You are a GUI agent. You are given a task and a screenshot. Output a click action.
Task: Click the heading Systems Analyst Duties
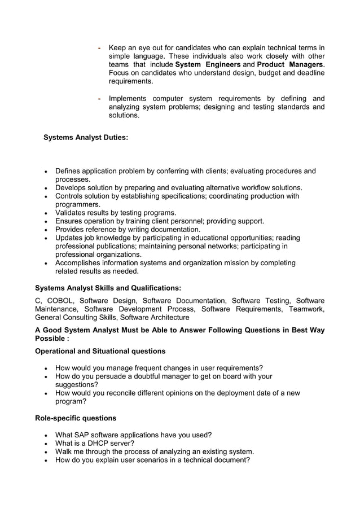pyautogui.click(x=86, y=137)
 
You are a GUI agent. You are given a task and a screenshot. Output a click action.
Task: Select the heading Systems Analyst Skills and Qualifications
pyautogui.click(x=108, y=288)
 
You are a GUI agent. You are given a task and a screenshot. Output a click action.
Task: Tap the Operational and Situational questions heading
pyautogui.click(x=100, y=351)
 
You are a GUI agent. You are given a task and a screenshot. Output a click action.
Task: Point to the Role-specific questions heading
pyautogui.click(x=76, y=418)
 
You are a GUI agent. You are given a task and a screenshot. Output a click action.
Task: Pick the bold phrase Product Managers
pyautogui.click(x=290, y=65)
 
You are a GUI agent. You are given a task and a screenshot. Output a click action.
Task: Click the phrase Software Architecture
pyautogui.click(x=155, y=317)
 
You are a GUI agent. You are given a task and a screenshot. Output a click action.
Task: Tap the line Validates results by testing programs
pyautogui.click(x=116, y=213)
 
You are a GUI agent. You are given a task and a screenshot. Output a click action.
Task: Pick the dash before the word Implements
pyautogui.click(x=99, y=99)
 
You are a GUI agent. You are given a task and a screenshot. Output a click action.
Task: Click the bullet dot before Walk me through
pyautogui.click(x=46, y=452)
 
